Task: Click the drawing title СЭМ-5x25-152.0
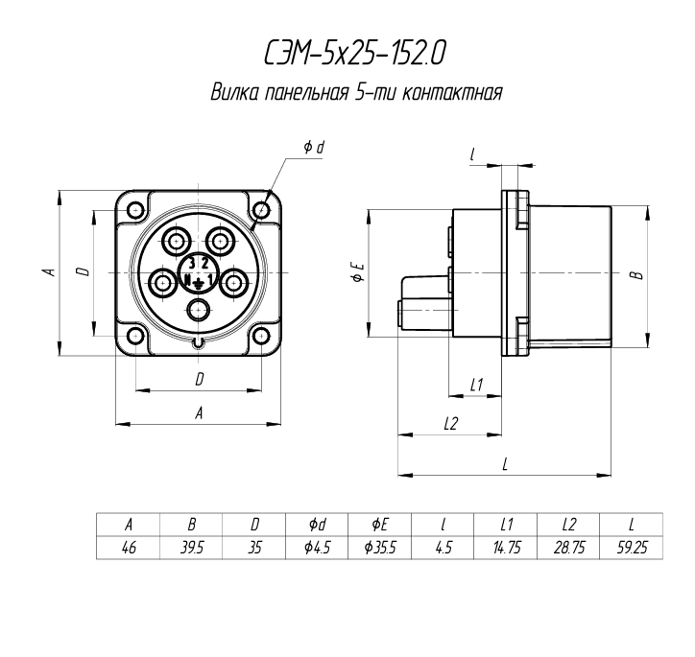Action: pos(354,54)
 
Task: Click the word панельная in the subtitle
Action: pos(305,92)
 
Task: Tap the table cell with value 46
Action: pos(129,548)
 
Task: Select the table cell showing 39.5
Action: pos(191,548)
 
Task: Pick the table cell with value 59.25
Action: pos(632,548)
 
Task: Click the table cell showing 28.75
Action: pos(568,548)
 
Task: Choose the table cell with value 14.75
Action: pos(506,548)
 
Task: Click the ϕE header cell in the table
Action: pos(380,525)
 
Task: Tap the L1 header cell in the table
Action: pos(506,525)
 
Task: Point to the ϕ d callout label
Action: pos(314,147)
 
